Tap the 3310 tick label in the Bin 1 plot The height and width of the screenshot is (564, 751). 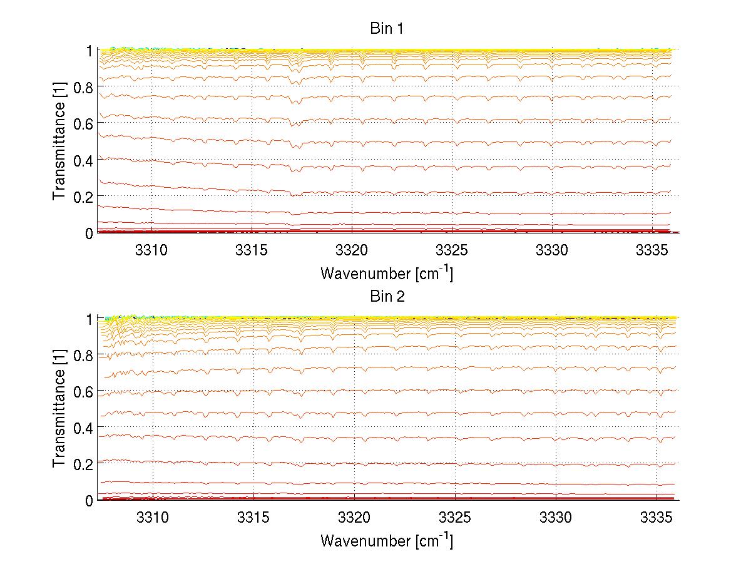(x=152, y=250)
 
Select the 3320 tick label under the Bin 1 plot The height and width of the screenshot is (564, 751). (x=352, y=250)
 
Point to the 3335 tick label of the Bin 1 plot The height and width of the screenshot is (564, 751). (x=652, y=250)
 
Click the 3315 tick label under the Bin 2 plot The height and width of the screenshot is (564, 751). (x=253, y=518)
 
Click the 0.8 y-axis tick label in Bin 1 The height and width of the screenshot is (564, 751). (x=83, y=87)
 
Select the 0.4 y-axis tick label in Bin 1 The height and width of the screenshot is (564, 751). (x=83, y=160)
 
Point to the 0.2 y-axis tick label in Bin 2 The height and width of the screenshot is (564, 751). (x=83, y=464)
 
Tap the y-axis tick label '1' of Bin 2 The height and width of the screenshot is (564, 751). (x=89, y=319)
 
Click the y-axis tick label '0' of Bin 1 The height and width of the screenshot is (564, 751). (x=89, y=233)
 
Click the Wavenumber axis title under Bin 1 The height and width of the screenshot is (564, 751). (x=387, y=273)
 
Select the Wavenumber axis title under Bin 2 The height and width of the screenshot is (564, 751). (x=387, y=541)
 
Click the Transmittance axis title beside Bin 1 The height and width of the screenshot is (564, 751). (x=59, y=141)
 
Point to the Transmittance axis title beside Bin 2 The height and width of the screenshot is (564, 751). (x=59, y=409)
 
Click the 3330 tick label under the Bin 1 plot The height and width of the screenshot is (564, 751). (x=552, y=250)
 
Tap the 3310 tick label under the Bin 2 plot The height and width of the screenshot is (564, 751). (x=153, y=518)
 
